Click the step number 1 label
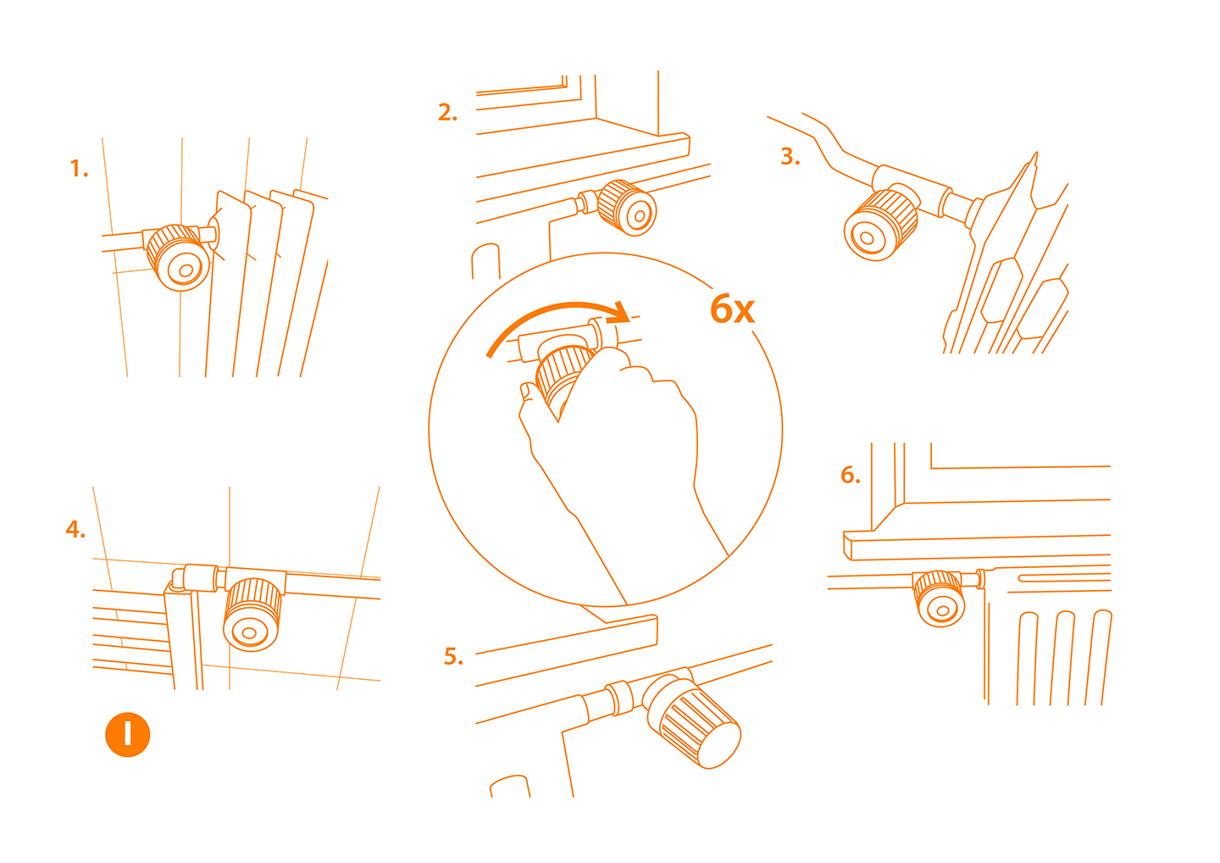click(79, 169)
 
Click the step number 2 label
click(447, 112)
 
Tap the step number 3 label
click(790, 156)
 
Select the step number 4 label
click(75, 529)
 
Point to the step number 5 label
click(454, 656)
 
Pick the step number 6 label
click(851, 475)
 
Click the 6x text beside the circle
click(733, 309)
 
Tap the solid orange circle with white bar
click(127, 735)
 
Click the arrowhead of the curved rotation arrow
click(619, 313)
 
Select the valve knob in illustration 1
click(179, 258)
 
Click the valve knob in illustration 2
click(627, 208)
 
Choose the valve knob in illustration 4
click(252, 615)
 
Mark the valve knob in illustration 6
click(940, 599)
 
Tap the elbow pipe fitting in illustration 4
click(179, 580)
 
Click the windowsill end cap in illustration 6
click(847, 545)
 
